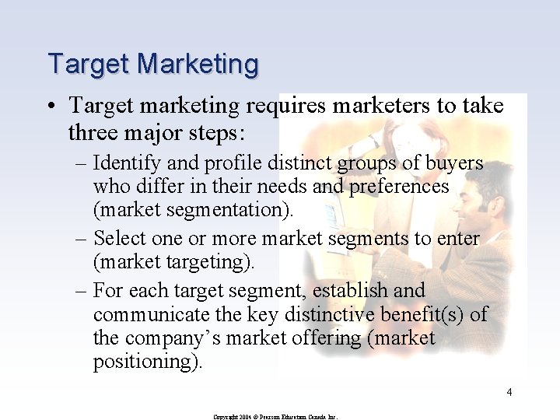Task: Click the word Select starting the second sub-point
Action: tap(119, 239)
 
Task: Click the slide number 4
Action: tap(509, 393)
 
